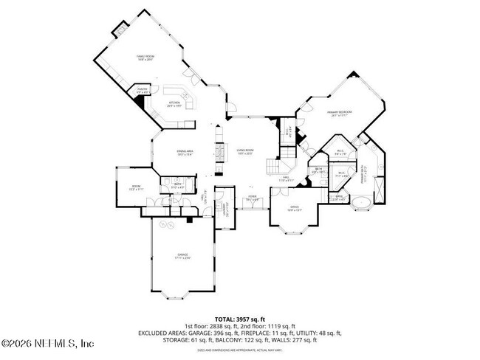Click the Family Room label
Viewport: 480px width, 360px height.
145,58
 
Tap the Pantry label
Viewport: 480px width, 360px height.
143,90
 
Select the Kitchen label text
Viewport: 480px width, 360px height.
174,104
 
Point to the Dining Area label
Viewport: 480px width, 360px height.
184,152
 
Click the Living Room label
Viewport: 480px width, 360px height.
245,152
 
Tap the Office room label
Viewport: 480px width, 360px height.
293,208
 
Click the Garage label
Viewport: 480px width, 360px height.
182,256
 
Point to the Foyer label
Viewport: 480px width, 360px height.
252,198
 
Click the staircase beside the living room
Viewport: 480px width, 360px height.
288,156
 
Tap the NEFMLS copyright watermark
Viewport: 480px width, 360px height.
47,344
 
